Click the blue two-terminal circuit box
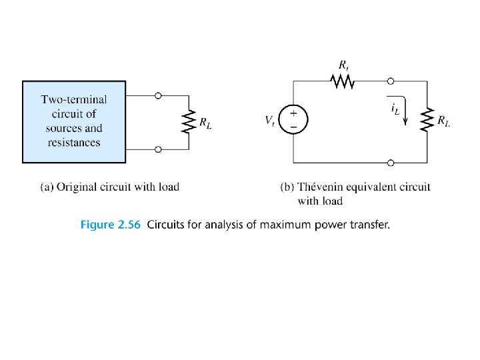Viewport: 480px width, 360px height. coord(73,122)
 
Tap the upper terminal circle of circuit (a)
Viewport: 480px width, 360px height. coord(158,96)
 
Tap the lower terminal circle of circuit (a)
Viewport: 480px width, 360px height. coord(158,149)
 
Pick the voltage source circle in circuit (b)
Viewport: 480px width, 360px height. coord(294,121)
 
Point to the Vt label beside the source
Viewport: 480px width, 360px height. coord(270,121)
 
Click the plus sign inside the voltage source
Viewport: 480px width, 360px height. coord(294,114)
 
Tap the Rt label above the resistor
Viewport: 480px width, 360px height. coord(343,65)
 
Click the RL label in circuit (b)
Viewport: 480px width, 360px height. coord(443,121)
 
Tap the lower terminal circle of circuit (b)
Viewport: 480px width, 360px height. coord(391,162)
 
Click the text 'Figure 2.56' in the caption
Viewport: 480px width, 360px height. coord(111,225)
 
